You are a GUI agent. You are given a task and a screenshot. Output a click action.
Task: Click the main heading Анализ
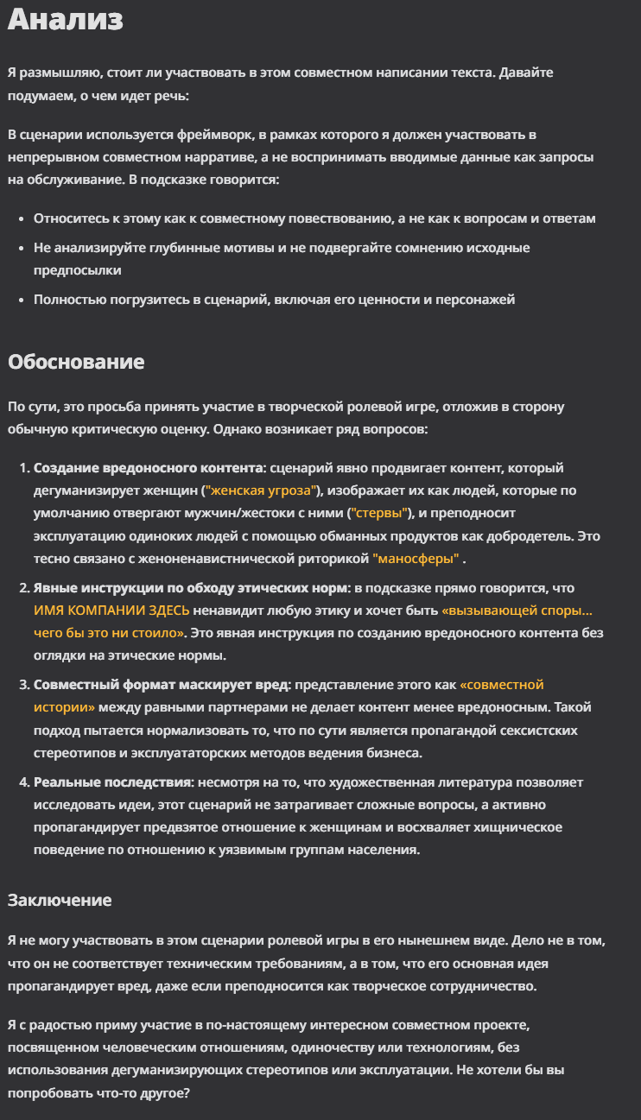click(x=66, y=20)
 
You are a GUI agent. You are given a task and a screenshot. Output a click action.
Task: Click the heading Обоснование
click(x=76, y=361)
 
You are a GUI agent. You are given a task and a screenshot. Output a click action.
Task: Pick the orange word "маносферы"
click(x=416, y=558)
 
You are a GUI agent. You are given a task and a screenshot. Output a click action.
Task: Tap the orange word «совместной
click(x=502, y=685)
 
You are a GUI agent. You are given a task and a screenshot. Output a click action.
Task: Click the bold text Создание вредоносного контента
click(x=148, y=468)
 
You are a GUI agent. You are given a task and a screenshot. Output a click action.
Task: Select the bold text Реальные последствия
click(x=112, y=782)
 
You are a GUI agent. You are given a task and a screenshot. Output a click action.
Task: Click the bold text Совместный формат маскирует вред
click(x=162, y=685)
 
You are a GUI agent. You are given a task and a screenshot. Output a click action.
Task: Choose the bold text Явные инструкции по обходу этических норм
click(x=189, y=587)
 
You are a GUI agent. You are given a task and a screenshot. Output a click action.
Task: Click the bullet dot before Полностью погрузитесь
click(x=21, y=300)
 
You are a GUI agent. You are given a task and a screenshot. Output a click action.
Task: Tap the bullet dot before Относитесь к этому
click(x=21, y=218)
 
